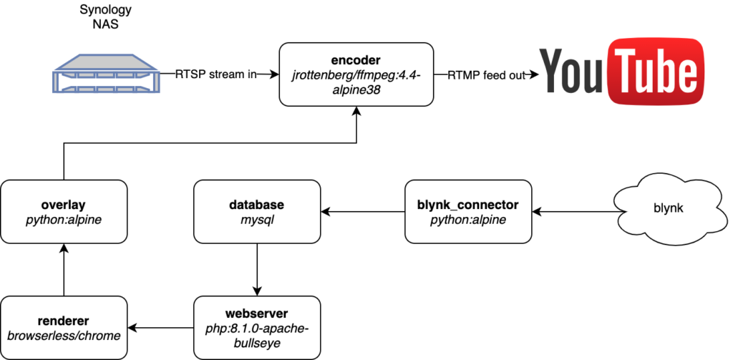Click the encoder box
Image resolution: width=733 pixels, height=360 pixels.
pos(356,74)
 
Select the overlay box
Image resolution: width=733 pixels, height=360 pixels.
pos(64,212)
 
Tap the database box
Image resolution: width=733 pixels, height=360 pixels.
pos(257,212)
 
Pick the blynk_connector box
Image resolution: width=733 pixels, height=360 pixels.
pos(467,212)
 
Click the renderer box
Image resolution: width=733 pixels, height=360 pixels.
pos(64,329)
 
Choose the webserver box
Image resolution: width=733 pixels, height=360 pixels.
pos(257,329)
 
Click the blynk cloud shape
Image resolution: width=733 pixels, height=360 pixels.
pos(669,208)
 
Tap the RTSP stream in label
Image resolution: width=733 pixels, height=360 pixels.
pos(216,74)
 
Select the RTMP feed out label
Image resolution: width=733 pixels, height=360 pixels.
pos(486,75)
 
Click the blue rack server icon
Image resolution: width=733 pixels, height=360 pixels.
pos(105,75)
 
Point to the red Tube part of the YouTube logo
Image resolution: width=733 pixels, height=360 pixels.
pos(651,72)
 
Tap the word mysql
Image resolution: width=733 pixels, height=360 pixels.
pos(257,220)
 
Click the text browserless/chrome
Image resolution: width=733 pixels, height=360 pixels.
pos(64,336)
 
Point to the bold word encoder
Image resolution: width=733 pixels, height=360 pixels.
pos(356,59)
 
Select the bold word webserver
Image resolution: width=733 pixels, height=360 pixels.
pos(257,313)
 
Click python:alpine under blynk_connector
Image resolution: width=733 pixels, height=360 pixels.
pos(467,220)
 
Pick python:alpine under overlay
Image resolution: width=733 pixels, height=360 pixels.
pos(64,220)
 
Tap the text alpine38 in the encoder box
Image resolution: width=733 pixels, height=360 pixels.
pos(356,91)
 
